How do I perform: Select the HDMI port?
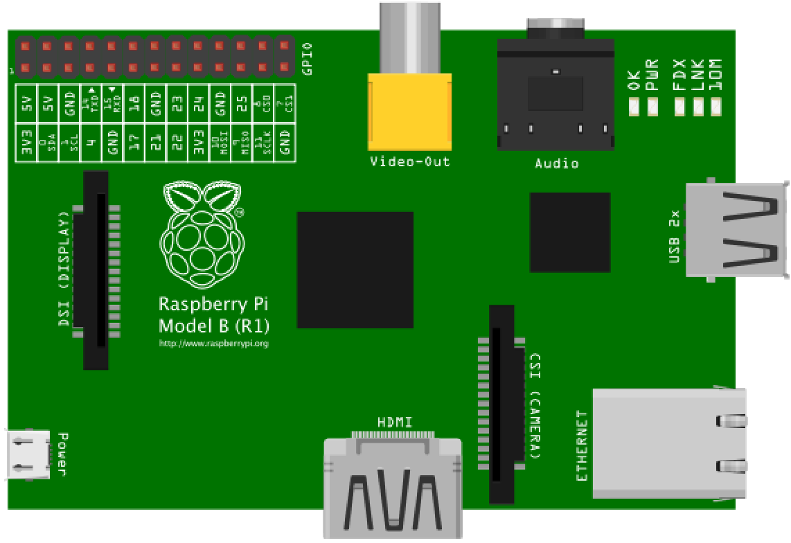click(393, 485)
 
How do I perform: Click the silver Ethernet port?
click(668, 443)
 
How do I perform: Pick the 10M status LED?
click(716, 107)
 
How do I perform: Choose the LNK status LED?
click(698, 107)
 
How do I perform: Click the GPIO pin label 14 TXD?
click(91, 103)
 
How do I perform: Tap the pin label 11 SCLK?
click(264, 143)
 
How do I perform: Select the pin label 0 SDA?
click(48, 143)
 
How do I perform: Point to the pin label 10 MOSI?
click(221, 143)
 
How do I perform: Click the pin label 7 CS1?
click(285, 103)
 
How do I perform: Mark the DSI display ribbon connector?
click(96, 270)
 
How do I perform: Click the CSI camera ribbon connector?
click(502, 404)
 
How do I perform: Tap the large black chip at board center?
click(355, 269)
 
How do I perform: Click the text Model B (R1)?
click(214, 326)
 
